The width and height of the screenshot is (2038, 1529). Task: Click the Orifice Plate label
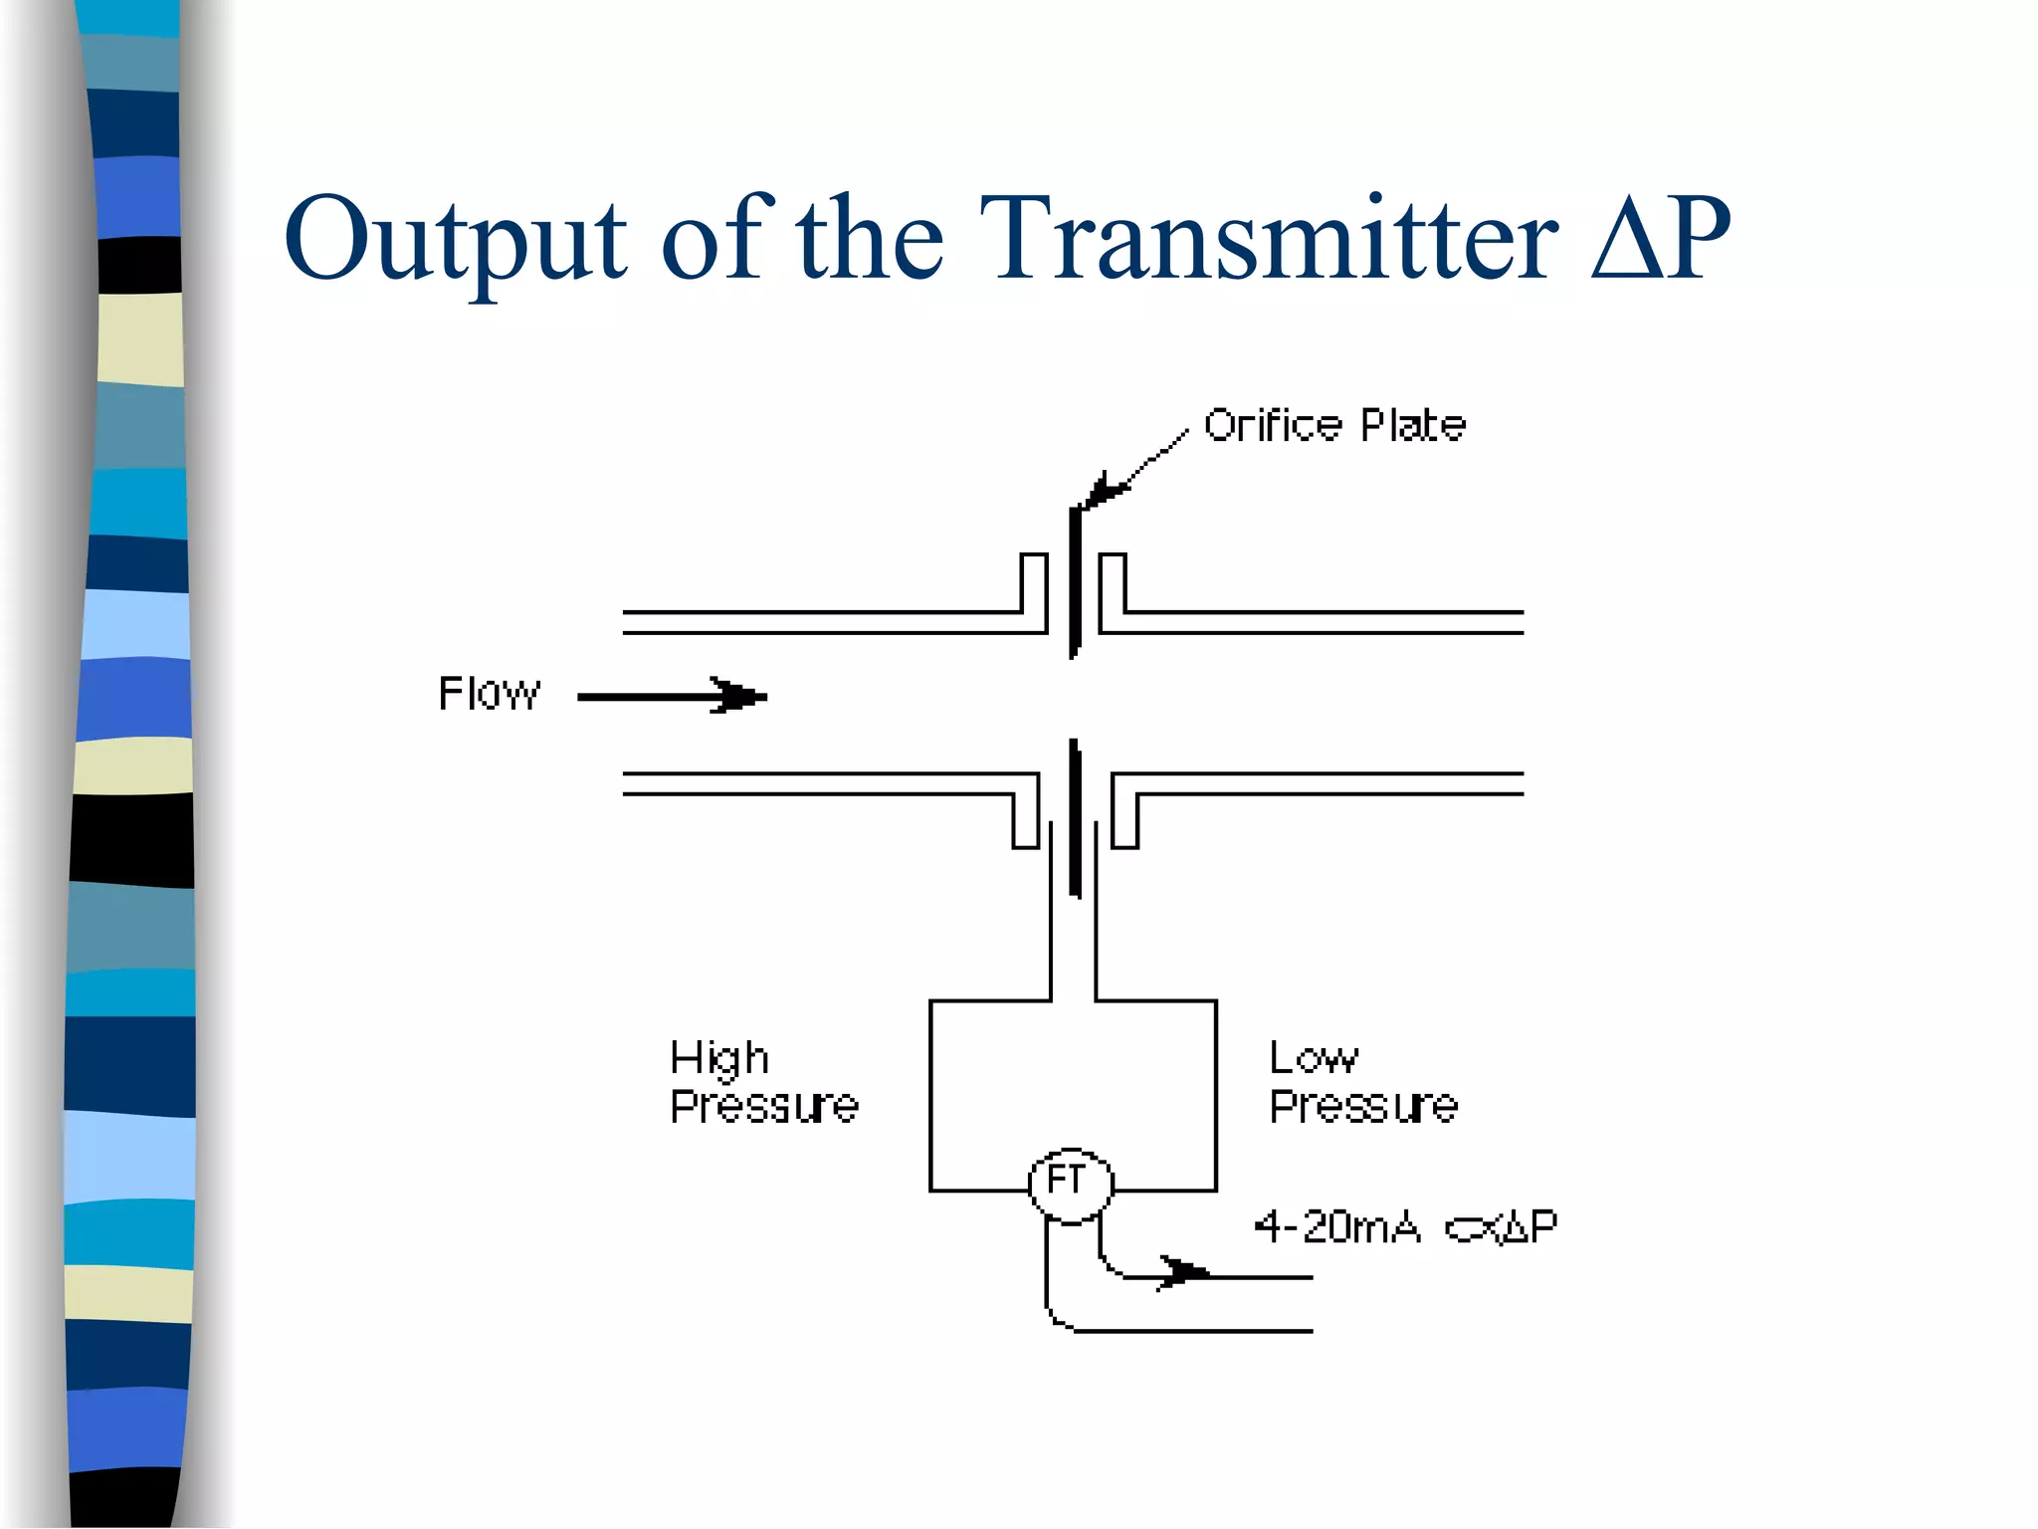tap(1334, 426)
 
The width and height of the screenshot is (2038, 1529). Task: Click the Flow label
tap(489, 694)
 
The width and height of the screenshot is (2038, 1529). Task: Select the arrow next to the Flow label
tap(673, 696)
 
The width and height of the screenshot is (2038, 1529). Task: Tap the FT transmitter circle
tap(1070, 1184)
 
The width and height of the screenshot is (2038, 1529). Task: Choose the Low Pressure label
tap(1362, 1082)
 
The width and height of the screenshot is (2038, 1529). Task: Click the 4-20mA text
tap(1336, 1226)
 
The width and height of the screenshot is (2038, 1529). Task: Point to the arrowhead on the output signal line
tap(1183, 1272)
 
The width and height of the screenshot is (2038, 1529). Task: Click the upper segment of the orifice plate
tap(1075, 582)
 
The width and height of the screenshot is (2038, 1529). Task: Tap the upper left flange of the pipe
tap(1034, 587)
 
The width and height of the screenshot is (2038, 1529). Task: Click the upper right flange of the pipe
tap(1113, 587)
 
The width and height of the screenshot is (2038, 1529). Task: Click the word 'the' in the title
tap(869, 239)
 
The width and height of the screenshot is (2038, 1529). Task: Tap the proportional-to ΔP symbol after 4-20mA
tap(1502, 1228)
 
